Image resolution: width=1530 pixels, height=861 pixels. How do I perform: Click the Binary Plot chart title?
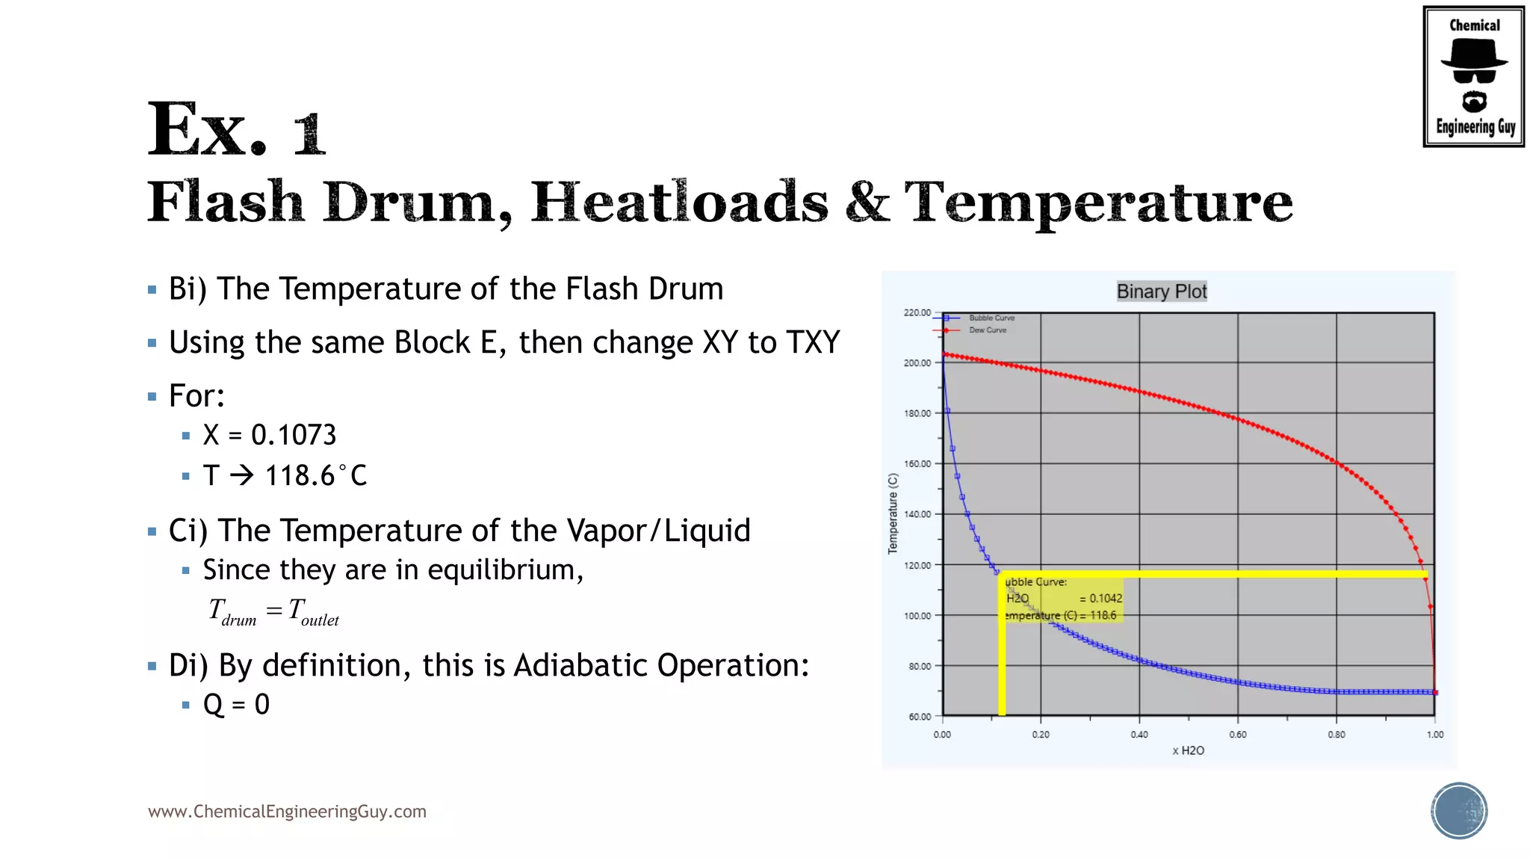pyautogui.click(x=1162, y=291)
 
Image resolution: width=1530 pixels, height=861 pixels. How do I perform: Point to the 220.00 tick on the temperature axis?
pyautogui.click(x=917, y=312)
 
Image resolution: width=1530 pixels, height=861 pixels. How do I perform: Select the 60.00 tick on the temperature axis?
pyautogui.click(x=920, y=717)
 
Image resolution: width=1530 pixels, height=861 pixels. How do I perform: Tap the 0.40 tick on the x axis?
pyautogui.click(x=1139, y=735)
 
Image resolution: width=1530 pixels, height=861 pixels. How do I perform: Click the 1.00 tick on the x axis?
pyautogui.click(x=1434, y=735)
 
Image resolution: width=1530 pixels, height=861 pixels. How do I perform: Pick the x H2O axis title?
pyautogui.click(x=1188, y=750)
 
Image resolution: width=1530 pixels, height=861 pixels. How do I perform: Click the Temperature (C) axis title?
pyautogui.click(x=893, y=513)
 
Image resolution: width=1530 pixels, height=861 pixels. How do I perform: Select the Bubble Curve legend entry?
pyautogui.click(x=991, y=318)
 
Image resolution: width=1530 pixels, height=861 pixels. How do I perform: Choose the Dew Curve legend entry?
pyautogui.click(x=987, y=330)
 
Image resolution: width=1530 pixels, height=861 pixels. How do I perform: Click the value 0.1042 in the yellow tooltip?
pyautogui.click(x=1105, y=599)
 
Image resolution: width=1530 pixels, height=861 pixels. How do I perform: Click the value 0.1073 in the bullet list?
pyautogui.click(x=294, y=435)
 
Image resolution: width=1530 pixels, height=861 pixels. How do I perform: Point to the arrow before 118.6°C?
pyautogui.click(x=241, y=475)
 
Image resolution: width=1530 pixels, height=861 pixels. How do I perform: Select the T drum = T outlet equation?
pyautogui.click(x=274, y=612)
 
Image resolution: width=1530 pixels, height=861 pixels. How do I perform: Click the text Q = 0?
pyautogui.click(x=236, y=704)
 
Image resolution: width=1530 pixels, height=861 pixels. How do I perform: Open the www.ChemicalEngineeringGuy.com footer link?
pyautogui.click(x=287, y=812)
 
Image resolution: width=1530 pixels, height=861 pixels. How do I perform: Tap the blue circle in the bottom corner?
pyautogui.click(x=1459, y=810)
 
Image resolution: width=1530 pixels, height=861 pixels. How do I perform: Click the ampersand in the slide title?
pyautogui.click(x=867, y=202)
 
